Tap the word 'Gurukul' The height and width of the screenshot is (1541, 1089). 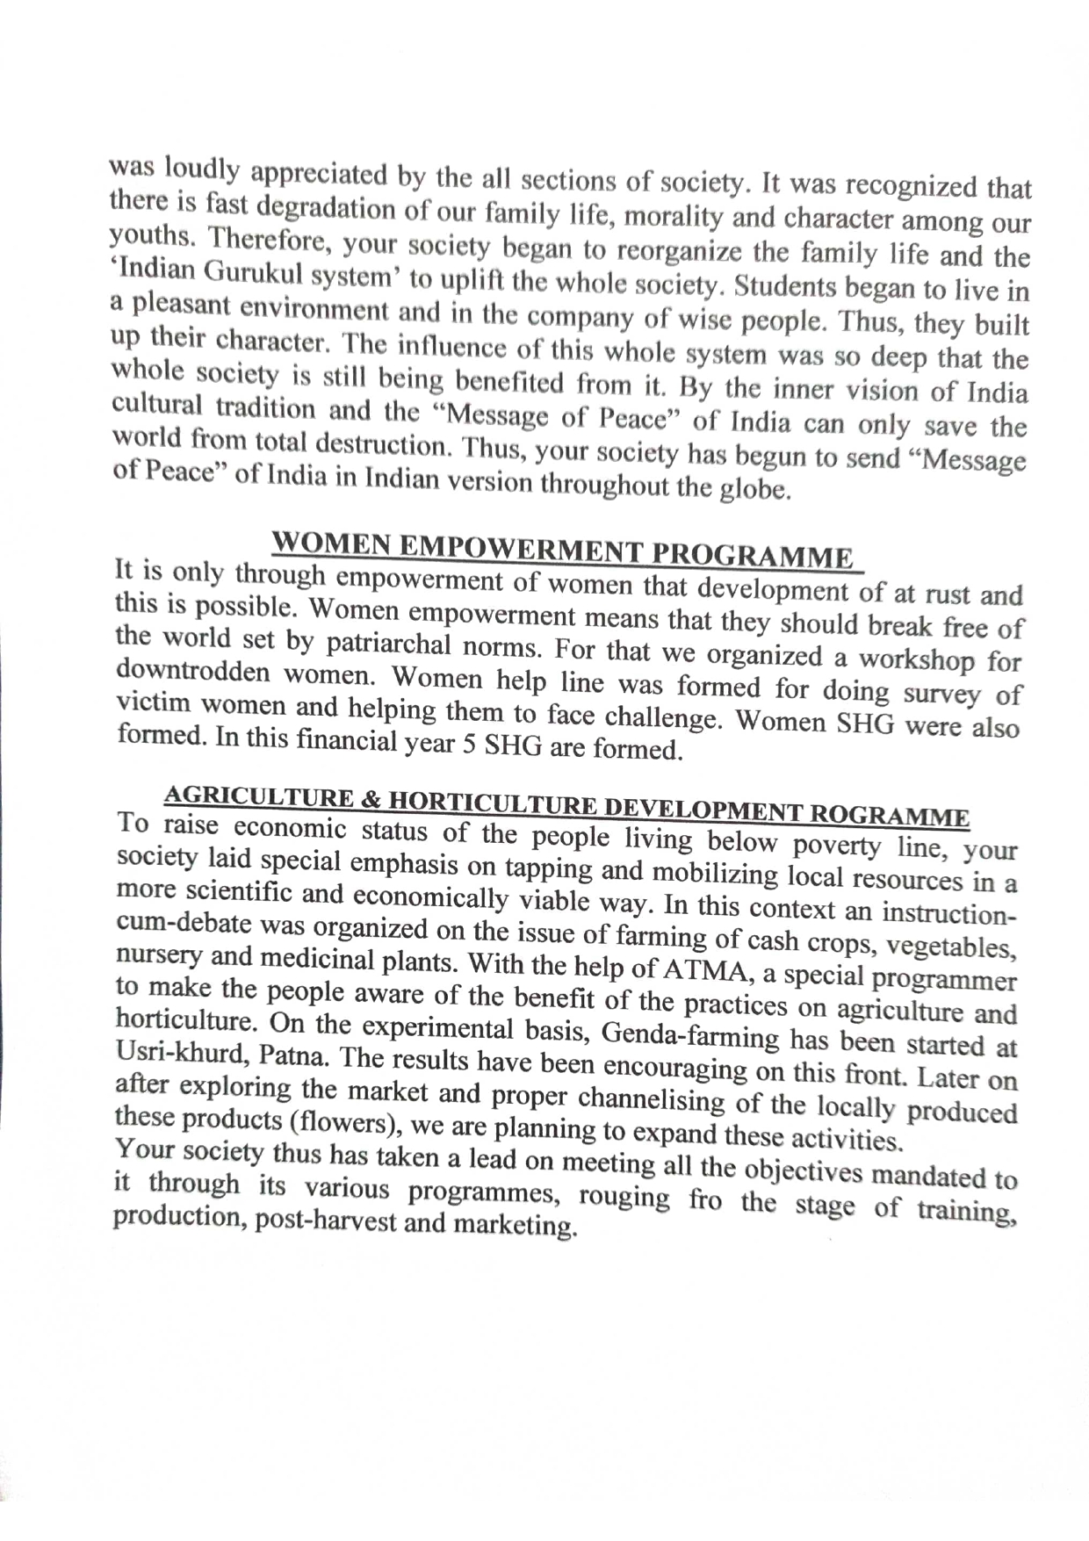(x=251, y=273)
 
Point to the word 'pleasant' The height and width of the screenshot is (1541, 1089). (x=179, y=306)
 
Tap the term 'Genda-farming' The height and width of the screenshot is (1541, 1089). (x=691, y=1035)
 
